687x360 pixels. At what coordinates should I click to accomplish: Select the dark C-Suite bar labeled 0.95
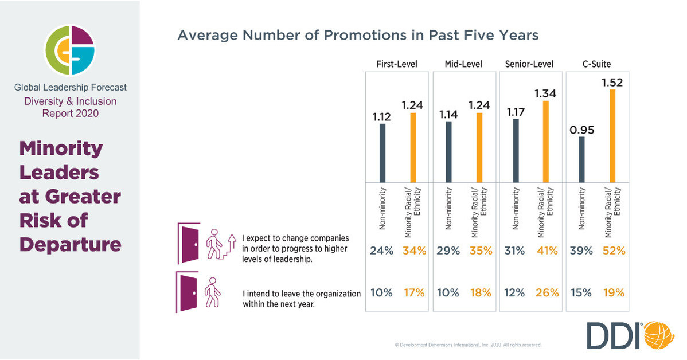coord(582,159)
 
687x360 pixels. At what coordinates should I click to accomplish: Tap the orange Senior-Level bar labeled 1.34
coord(545,141)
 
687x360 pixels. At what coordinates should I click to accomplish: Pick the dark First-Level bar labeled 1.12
coord(382,152)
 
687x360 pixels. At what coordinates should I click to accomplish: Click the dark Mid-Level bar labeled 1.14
coord(449,151)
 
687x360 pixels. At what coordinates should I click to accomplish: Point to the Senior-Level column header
coord(529,64)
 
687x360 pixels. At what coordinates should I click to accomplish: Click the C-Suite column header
coord(596,64)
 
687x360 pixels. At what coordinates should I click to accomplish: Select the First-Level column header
coord(397,64)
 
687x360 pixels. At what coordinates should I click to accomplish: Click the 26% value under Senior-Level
coord(547,292)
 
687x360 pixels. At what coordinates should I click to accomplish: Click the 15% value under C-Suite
coord(581,292)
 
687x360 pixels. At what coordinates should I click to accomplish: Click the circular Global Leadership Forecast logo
coord(70,49)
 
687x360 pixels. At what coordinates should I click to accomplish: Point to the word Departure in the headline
coord(70,244)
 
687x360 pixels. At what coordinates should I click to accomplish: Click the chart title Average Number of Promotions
coord(358,35)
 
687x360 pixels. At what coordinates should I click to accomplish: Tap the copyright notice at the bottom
coord(468,345)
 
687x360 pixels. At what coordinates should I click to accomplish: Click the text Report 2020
coord(70,114)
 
